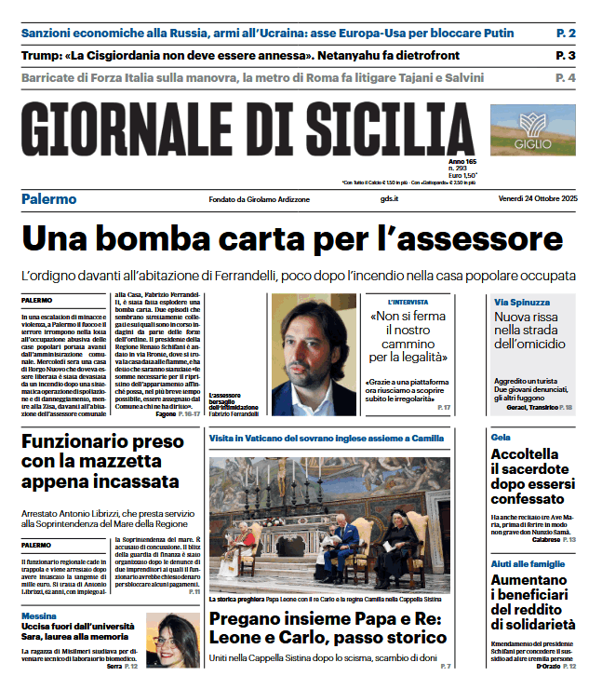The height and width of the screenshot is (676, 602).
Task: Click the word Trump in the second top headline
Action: [x=40, y=56]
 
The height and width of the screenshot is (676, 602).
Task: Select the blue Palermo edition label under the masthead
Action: [x=48, y=199]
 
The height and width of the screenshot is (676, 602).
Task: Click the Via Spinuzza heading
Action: [x=522, y=302]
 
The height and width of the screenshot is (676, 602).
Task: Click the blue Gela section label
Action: [x=501, y=436]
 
